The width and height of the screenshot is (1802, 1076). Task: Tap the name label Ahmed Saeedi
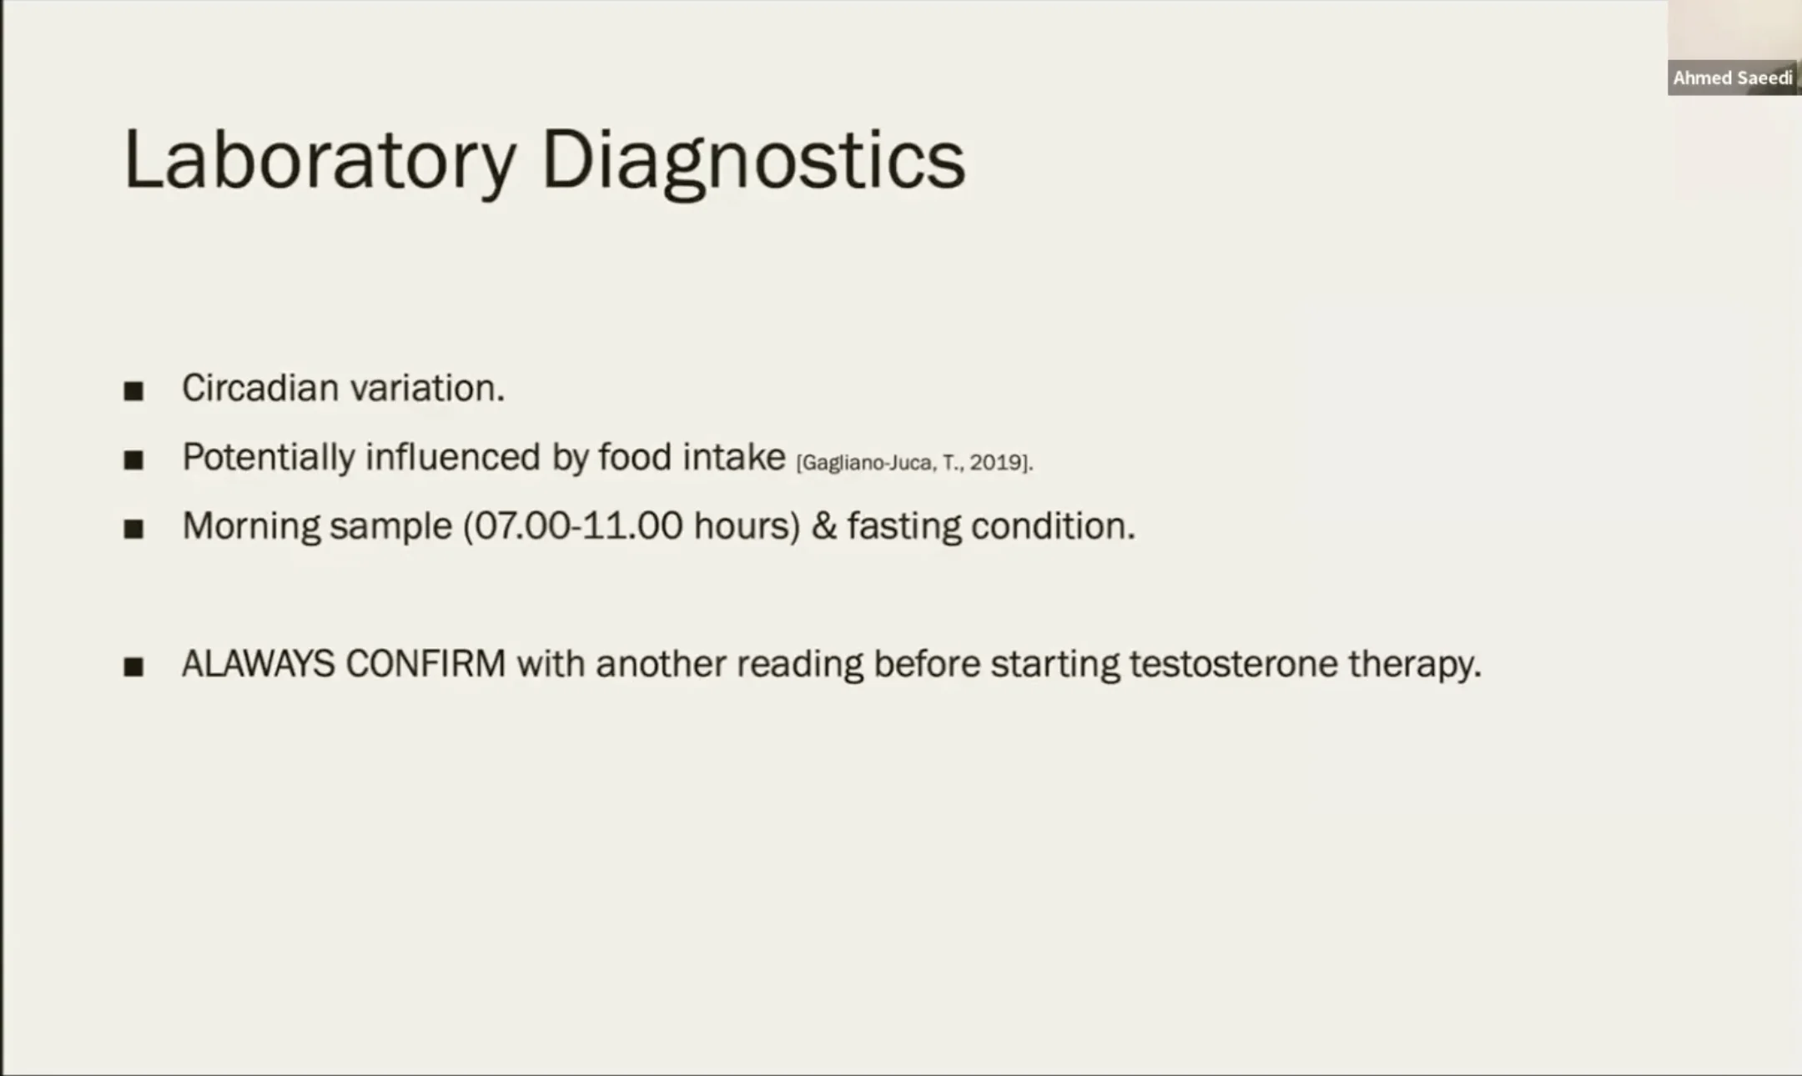(1733, 78)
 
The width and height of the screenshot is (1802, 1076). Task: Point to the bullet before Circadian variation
(133, 390)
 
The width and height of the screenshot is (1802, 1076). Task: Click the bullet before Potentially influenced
(133, 460)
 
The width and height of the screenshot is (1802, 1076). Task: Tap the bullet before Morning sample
(133, 529)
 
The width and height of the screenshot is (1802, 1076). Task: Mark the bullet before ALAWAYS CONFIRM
(133, 666)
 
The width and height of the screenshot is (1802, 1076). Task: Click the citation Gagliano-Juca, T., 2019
(914, 463)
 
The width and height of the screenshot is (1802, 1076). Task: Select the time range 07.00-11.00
(572, 526)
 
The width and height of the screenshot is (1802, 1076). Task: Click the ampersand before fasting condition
(824, 526)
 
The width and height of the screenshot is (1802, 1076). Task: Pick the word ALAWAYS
(259, 664)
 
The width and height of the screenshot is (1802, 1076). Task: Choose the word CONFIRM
(425, 664)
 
